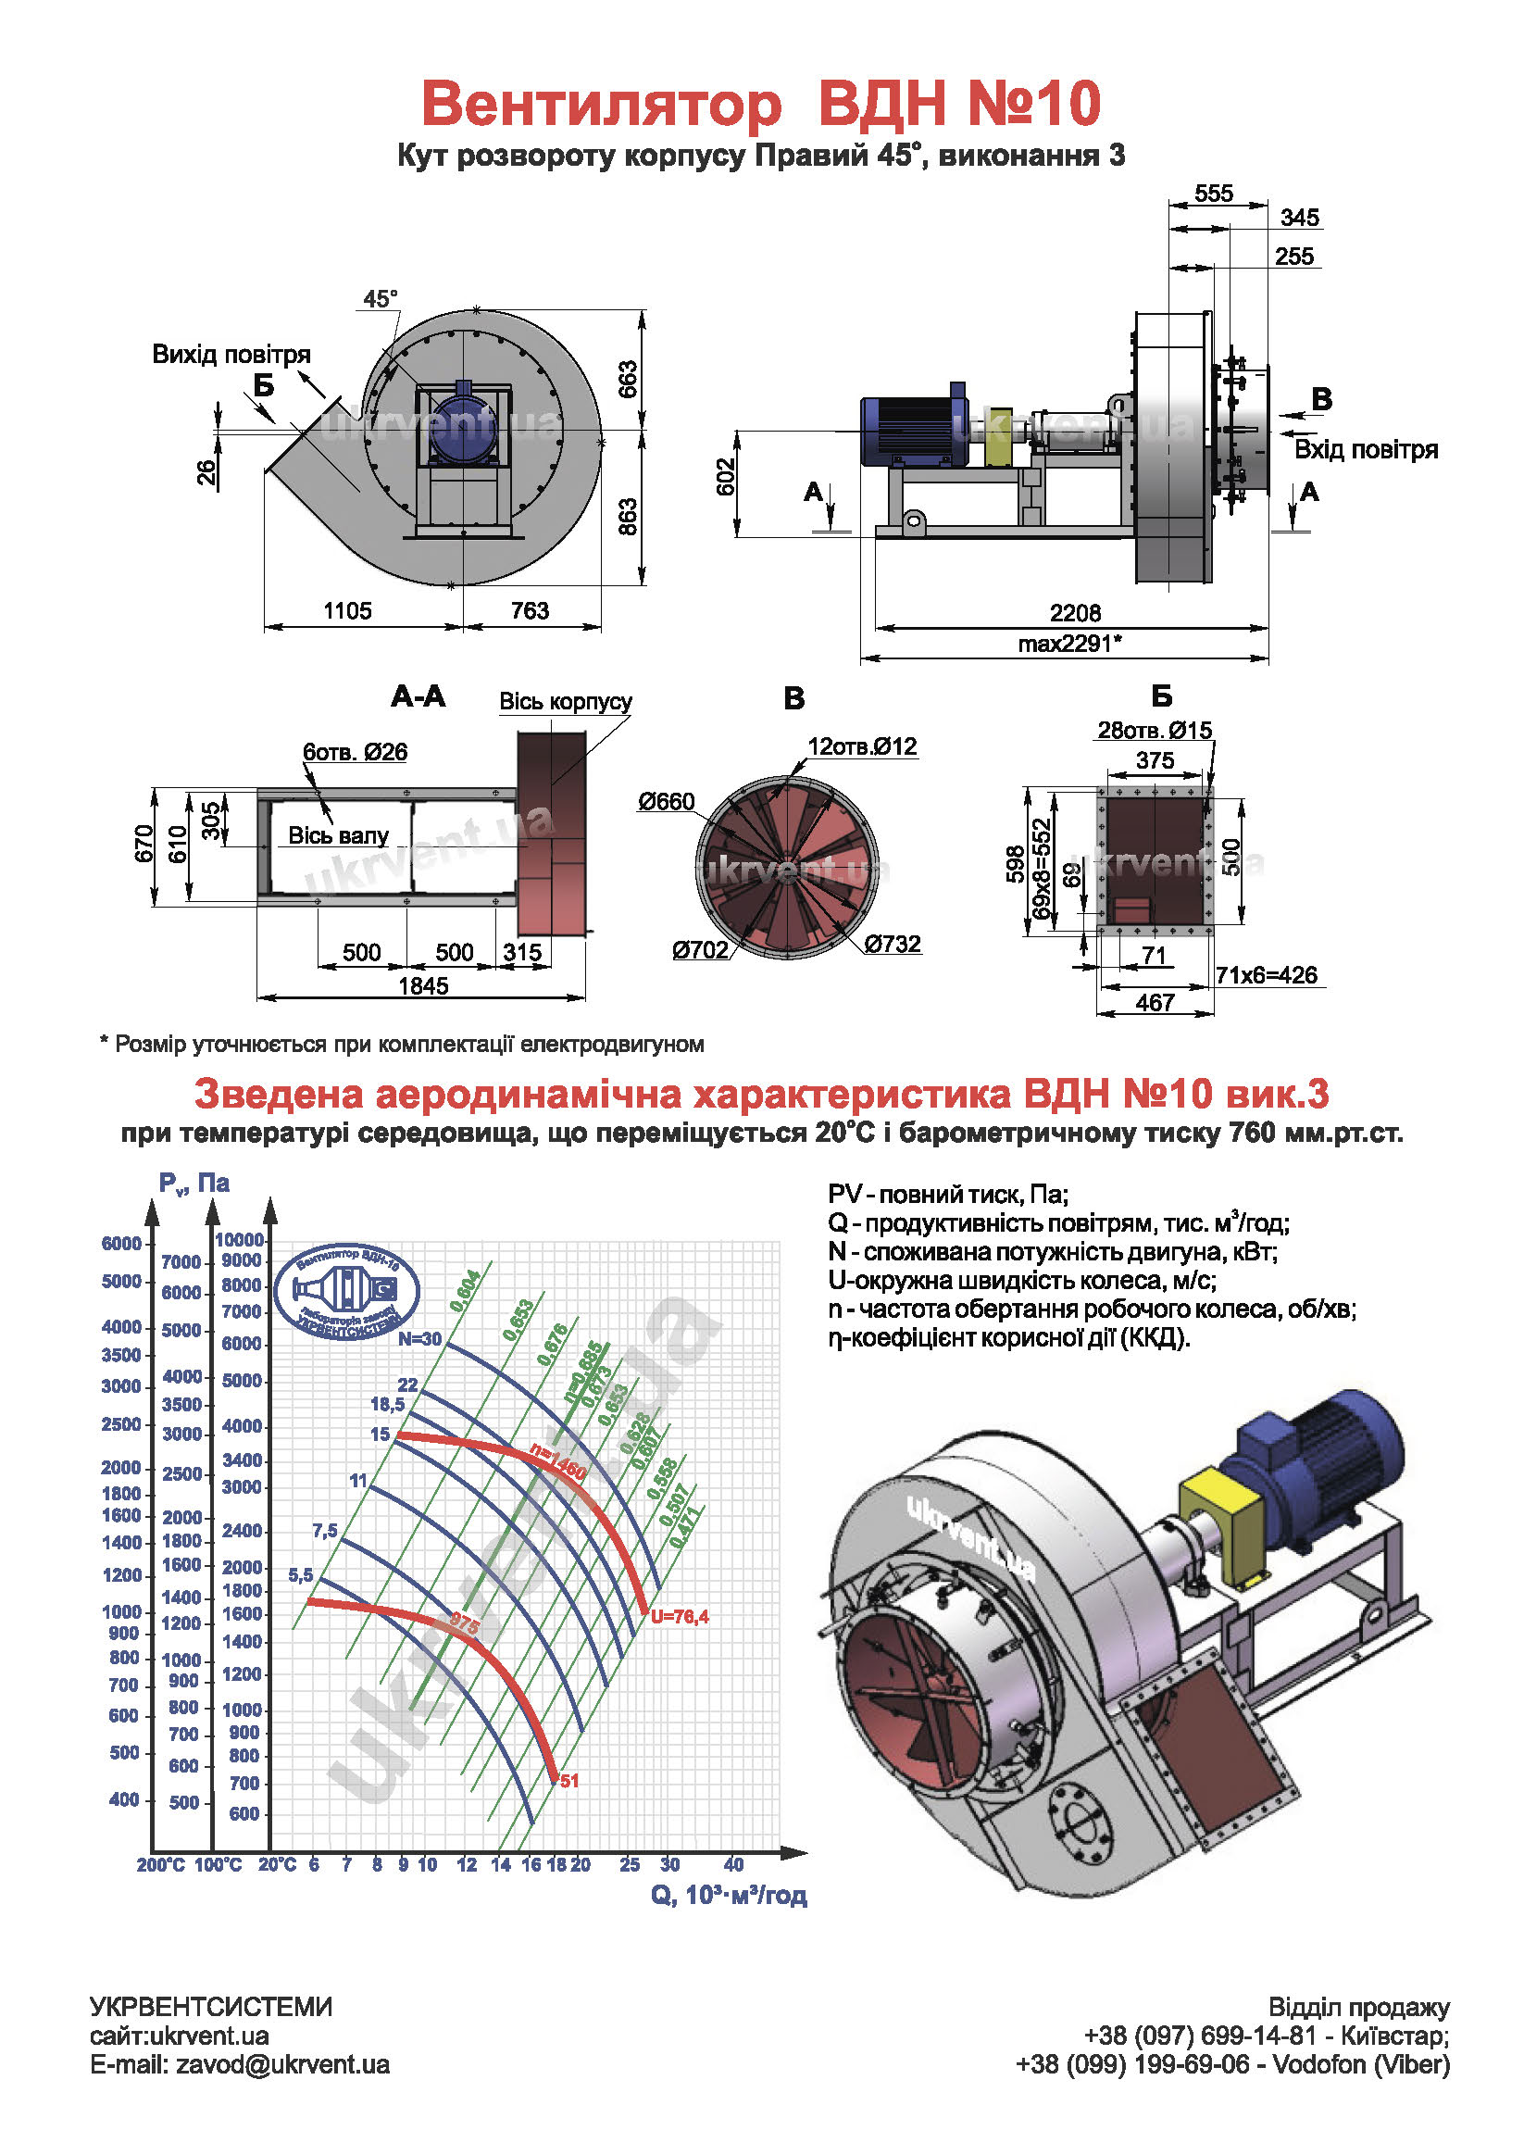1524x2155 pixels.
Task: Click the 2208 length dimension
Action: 1075,613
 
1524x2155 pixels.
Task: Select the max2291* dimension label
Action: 1069,644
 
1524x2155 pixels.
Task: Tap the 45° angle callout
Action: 380,298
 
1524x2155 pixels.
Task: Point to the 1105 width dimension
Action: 347,611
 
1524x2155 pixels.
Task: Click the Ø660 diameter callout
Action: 667,802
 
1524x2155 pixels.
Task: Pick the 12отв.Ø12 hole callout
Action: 861,746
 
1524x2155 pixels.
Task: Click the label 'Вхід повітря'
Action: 1366,449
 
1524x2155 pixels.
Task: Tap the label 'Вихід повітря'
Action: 231,355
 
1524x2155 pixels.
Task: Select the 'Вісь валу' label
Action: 338,835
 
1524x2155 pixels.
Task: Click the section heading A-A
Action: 418,696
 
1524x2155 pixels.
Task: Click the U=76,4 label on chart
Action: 680,1616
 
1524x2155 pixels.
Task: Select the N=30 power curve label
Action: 418,1338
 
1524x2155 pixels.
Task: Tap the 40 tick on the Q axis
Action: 733,1865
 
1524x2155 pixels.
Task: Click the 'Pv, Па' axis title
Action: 194,1184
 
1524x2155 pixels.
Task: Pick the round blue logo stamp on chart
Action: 346,1291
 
